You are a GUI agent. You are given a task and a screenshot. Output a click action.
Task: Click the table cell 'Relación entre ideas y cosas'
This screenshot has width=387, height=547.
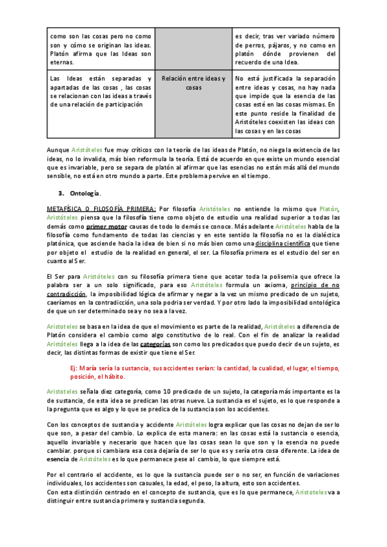pyautogui.click(x=193, y=83)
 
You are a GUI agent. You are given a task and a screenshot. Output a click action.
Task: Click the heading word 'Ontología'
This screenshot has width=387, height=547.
pyautogui.click(x=83, y=193)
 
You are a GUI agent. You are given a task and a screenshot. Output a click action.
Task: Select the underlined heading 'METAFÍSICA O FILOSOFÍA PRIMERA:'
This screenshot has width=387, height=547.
pyautogui.click(x=101, y=209)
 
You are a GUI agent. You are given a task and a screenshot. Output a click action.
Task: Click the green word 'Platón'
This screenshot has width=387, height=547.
pyautogui.click(x=329, y=209)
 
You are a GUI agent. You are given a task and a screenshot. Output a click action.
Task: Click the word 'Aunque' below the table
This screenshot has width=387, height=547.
pyautogui.click(x=59, y=149)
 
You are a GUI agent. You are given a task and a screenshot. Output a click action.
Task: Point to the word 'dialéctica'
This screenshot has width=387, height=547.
pyautogui.click(x=323, y=236)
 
